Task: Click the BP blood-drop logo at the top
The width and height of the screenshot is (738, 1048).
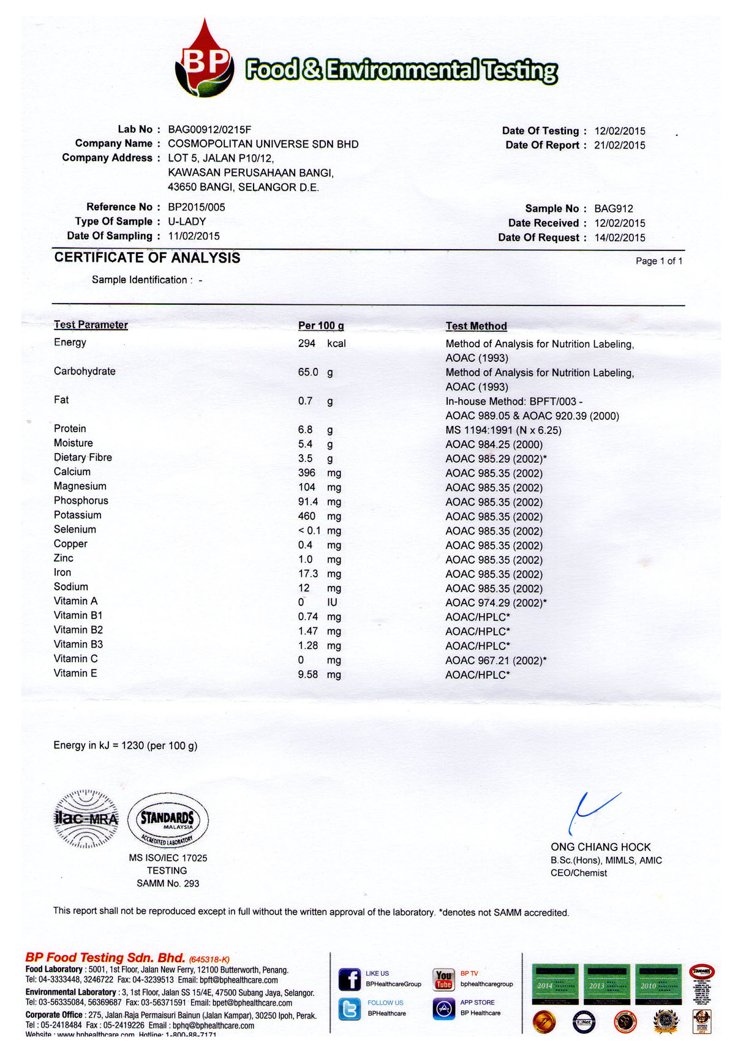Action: [205, 61]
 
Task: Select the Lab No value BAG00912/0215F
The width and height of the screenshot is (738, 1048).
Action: [209, 129]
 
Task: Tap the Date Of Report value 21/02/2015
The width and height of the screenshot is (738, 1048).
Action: [619, 145]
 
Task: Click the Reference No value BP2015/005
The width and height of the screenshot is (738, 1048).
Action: [196, 207]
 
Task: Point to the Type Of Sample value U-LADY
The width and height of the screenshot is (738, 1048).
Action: [187, 222]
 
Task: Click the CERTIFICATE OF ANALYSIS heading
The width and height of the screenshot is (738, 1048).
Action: [147, 258]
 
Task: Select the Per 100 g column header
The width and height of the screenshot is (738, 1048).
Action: [320, 326]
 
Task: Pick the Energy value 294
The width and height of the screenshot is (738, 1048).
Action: [306, 343]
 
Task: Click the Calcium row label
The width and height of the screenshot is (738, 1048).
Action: [72, 472]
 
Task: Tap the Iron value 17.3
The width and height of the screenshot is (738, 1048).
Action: [307, 574]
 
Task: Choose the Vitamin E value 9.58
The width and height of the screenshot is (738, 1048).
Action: [307, 675]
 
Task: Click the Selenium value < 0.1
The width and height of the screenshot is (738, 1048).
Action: [309, 531]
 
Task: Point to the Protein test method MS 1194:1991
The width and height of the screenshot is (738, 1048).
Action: [503, 430]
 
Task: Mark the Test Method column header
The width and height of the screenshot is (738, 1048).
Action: [476, 326]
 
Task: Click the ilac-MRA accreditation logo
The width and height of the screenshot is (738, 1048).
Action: [86, 819]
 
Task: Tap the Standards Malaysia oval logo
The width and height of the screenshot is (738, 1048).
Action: [168, 820]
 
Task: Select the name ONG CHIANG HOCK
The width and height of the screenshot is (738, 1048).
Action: [600, 847]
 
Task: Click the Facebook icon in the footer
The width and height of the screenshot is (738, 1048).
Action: [350, 979]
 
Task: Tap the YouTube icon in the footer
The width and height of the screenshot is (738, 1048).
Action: [443, 979]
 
